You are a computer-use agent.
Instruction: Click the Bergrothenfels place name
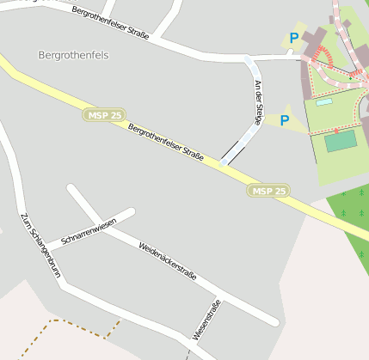point(74,55)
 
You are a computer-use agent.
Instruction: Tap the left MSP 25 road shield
point(102,115)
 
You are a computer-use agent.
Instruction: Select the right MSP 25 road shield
point(268,191)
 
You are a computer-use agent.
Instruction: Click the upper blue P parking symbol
point(294,38)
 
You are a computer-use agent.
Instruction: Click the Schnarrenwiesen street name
point(89,228)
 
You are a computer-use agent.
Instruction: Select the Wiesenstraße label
point(207,320)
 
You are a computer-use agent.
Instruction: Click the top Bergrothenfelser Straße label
point(111,24)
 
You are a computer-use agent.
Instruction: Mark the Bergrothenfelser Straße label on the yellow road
point(165,143)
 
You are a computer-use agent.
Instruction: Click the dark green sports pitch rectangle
point(341,141)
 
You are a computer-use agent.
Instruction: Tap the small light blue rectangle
point(323,102)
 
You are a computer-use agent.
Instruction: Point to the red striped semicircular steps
point(325,58)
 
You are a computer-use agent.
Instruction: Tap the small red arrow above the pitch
point(335,131)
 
